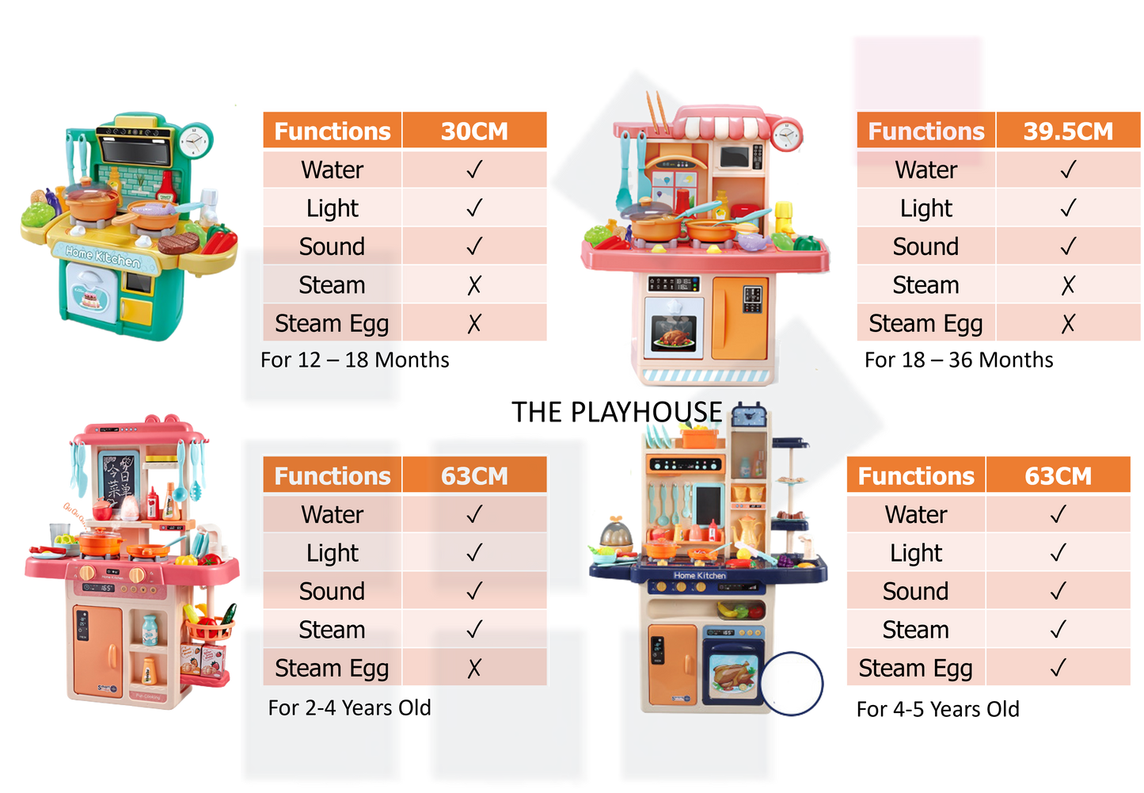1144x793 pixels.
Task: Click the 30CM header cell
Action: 474,131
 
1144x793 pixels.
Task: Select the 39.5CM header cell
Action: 1067,131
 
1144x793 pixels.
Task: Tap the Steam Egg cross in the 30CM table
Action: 474,323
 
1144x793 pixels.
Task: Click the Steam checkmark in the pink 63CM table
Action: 474,630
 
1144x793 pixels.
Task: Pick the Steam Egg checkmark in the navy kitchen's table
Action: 1058,668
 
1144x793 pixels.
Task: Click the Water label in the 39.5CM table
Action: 925,170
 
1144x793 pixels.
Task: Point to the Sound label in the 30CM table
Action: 332,246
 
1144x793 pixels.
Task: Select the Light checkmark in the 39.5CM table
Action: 1067,208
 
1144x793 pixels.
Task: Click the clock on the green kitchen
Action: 195,141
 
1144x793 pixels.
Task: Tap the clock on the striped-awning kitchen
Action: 787,135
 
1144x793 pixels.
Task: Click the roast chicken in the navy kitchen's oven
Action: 734,675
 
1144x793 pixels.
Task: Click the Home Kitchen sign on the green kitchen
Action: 103,255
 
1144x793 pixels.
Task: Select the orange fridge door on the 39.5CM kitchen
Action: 739,316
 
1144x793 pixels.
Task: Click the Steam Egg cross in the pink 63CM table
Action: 474,669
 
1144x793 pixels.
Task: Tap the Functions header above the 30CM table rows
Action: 332,131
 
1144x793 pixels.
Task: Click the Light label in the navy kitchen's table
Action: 915,552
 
